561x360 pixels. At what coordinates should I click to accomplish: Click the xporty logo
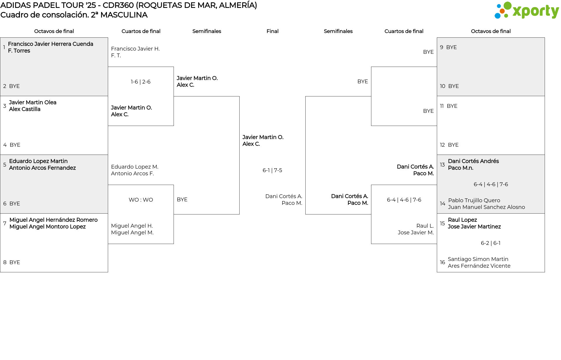pos(527,11)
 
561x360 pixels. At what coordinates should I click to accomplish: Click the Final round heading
pos(272,31)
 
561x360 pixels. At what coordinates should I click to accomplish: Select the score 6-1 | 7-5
pos(272,170)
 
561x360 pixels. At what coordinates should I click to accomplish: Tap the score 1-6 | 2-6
pos(141,82)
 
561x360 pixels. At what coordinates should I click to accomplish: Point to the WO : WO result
pos(141,200)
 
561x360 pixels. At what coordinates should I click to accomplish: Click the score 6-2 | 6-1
pos(491,243)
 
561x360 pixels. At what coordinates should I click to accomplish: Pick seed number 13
pos(442,165)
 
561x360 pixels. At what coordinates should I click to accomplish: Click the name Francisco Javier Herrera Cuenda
pos(51,44)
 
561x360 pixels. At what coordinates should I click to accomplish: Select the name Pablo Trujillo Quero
pos(474,200)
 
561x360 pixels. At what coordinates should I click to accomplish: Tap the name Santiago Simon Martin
pos(478,259)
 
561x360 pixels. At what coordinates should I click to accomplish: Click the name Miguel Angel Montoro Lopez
pos(47,227)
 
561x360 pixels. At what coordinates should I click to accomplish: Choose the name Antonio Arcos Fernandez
pos(42,168)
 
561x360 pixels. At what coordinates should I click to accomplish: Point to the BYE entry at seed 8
pos(15,262)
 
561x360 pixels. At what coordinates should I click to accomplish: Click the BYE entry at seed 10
pos(453,86)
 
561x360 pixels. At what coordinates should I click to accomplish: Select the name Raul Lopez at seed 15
pos(462,220)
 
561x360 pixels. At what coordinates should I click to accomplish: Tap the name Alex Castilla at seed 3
pos(25,109)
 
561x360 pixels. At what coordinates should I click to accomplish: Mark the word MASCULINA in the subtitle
pos(124,15)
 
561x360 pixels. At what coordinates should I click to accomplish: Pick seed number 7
pos(5,224)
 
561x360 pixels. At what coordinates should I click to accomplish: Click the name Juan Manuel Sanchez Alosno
pos(486,207)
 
